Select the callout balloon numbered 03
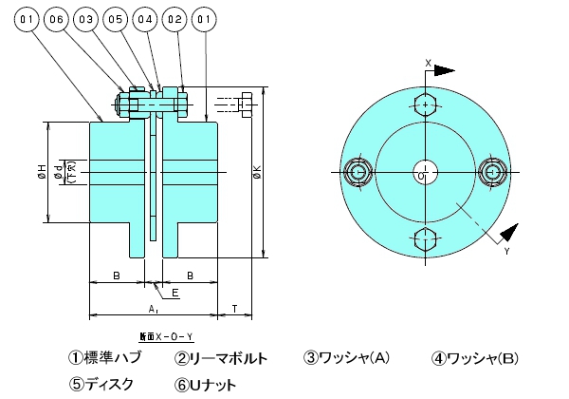pyautogui.click(x=86, y=17)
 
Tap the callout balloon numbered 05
pyautogui.click(x=116, y=17)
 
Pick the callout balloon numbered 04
pyautogui.click(x=145, y=17)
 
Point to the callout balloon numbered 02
pyautogui.click(x=174, y=17)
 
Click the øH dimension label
pyautogui.click(x=41, y=172)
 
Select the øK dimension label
pyautogui.click(x=257, y=174)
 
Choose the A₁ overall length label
pyautogui.click(x=153, y=309)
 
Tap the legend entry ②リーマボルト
pyautogui.click(x=220, y=359)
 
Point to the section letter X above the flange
pyautogui.click(x=428, y=63)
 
